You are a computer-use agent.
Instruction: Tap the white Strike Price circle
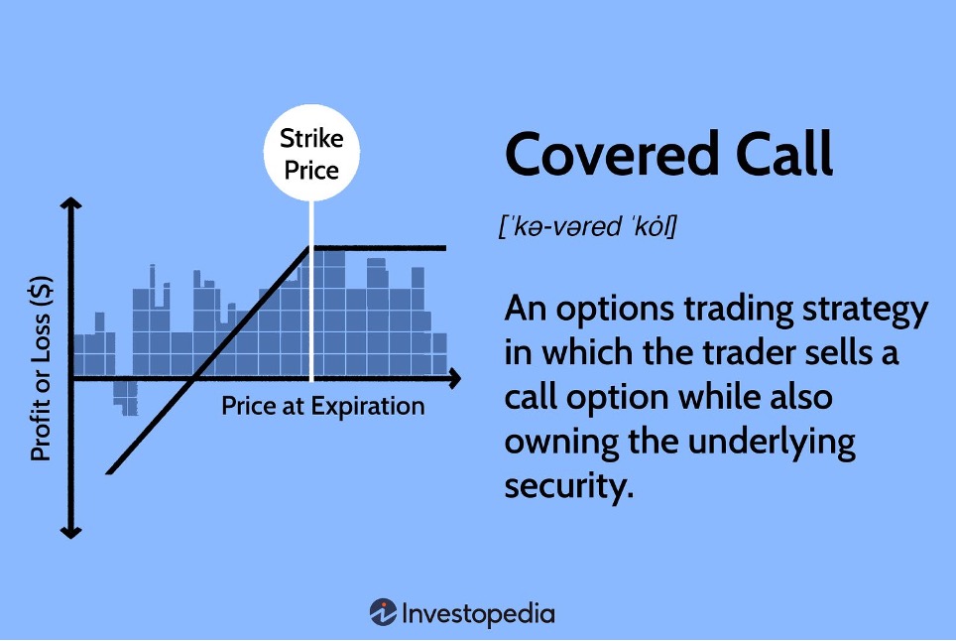pos(311,153)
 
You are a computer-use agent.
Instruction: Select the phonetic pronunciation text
pos(588,226)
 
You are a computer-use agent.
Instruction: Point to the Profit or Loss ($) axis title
pos(41,368)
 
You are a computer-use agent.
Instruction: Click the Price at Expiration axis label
pos(323,406)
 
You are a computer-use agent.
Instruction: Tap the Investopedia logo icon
pos(383,612)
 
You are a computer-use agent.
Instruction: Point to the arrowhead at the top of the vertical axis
pos(70,203)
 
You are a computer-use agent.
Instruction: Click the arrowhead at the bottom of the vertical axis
pos(70,533)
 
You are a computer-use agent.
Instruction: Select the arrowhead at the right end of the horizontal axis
pos(454,379)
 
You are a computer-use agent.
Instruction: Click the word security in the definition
pos(569,486)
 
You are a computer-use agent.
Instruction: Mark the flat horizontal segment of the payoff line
pos(378,248)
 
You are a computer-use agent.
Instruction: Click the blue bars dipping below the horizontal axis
pos(126,397)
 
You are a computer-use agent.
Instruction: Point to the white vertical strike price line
pos(311,291)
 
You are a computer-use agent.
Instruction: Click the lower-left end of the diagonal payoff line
pos(108,472)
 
